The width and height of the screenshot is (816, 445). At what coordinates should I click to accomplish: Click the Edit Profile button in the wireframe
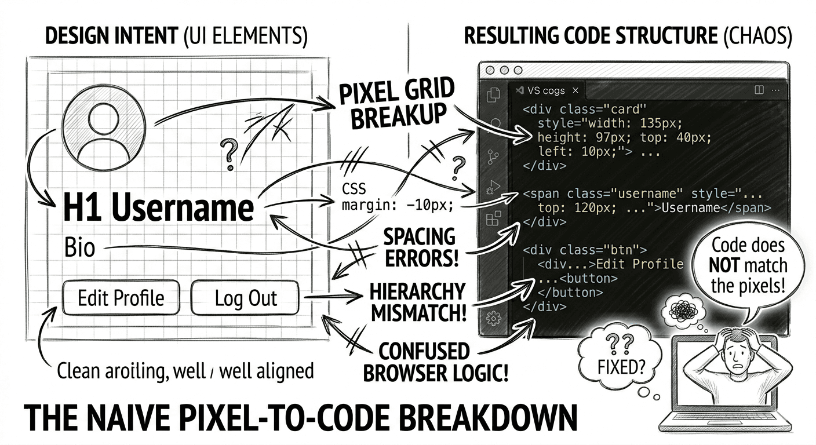point(121,297)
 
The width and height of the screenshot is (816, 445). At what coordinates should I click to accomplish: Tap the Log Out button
point(245,297)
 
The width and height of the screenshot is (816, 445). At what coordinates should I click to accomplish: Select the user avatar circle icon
point(104,128)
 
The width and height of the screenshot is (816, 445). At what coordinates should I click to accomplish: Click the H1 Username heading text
point(158,207)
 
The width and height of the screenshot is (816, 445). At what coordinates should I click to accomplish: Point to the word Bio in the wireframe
point(80,247)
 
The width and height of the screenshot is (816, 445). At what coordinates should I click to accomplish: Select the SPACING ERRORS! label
point(420,247)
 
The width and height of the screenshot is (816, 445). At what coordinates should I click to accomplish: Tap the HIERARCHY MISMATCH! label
point(418,302)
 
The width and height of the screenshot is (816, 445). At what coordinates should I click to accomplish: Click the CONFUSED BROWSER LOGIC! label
point(435,362)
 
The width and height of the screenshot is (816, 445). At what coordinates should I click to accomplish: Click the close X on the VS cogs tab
point(575,90)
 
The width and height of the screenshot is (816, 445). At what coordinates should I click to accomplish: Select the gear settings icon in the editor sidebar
point(494,319)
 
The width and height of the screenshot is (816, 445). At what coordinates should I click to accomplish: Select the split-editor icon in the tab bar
point(759,90)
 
